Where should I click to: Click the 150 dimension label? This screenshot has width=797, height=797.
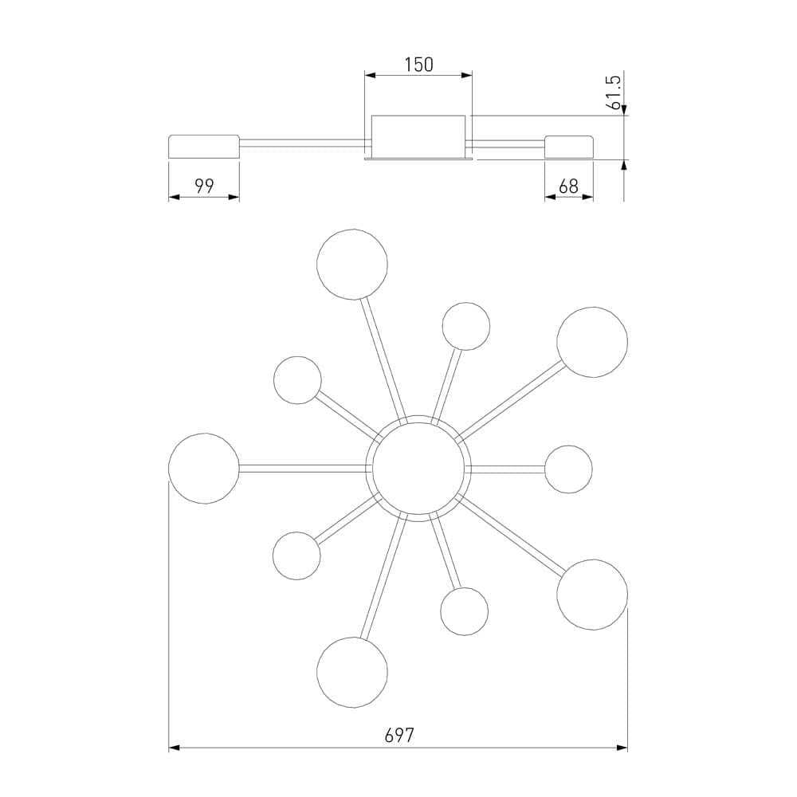[419, 65]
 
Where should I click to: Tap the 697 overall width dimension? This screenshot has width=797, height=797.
[399, 735]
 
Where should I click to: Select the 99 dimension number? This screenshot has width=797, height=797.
[204, 186]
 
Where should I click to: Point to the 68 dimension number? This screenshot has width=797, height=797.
[568, 186]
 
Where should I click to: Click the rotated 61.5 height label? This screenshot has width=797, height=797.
[614, 92]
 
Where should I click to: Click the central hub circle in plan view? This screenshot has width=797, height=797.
[418, 469]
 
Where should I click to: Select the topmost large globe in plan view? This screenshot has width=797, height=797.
[352, 265]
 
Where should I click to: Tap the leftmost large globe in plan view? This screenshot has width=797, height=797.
[204, 469]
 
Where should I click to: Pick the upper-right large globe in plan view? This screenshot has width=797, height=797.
[592, 342]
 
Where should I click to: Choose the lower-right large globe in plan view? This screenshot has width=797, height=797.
[592, 595]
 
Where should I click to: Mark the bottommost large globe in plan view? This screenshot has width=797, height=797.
[352, 673]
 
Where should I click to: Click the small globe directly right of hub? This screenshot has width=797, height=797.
[569, 469]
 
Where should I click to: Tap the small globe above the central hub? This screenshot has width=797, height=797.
[466, 326]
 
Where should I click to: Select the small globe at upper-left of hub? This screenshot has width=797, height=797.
[297, 380]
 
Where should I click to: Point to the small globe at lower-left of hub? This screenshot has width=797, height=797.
[296, 556]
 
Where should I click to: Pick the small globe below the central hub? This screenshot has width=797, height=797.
[465, 611]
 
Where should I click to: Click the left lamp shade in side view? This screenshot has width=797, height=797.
[204, 147]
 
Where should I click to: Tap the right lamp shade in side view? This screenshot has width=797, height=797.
[569, 147]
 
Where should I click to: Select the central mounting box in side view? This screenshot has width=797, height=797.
[418, 136]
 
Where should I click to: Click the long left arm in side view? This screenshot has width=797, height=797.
[302, 143]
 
